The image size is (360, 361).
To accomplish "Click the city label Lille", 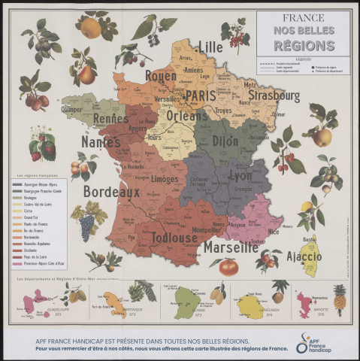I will [x=210, y=47].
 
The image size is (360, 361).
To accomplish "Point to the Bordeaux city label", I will [x=112, y=193].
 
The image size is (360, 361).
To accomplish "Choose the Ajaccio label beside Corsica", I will [x=304, y=257].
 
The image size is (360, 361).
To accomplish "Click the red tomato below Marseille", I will [x=228, y=266].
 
